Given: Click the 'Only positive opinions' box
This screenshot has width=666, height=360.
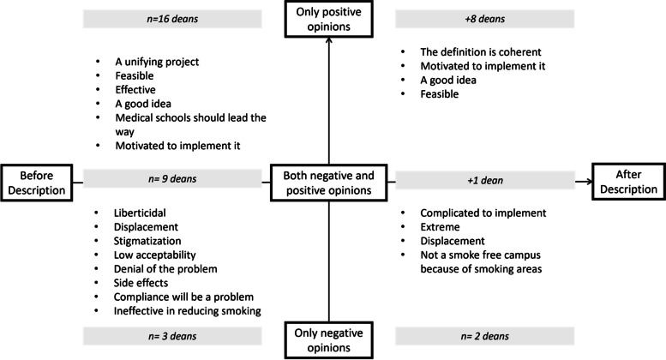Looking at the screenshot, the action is pyautogui.click(x=329, y=19).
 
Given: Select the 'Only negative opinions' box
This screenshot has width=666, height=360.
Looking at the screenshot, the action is pyautogui.click(x=329, y=340).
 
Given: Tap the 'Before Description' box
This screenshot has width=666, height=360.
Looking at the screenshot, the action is pyautogui.click(x=37, y=183).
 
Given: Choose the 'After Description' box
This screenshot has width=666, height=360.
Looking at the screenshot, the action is pyautogui.click(x=628, y=181).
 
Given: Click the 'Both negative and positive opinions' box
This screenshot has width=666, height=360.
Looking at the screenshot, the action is pyautogui.click(x=329, y=183).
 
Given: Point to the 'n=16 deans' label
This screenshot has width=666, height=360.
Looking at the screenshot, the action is pyautogui.click(x=172, y=19).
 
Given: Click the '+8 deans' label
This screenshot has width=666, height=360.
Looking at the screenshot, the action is pyautogui.click(x=484, y=19).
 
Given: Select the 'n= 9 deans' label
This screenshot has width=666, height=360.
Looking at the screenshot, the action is pyautogui.click(x=172, y=179).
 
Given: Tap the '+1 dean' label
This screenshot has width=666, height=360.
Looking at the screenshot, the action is pyautogui.click(x=484, y=180).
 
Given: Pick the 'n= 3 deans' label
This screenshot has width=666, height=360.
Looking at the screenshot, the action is pyautogui.click(x=172, y=336).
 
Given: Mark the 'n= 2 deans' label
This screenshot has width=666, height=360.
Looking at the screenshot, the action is pyautogui.click(x=484, y=336).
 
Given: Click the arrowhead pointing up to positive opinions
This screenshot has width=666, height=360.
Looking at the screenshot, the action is pyautogui.click(x=329, y=40).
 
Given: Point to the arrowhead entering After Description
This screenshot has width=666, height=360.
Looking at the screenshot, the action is pyautogui.click(x=589, y=182).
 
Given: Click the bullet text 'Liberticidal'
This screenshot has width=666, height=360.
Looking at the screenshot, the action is pyautogui.click(x=140, y=213).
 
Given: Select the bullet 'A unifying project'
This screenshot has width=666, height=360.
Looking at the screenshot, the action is pyautogui.click(x=157, y=62).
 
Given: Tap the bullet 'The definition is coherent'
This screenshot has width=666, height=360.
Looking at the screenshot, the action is pyautogui.click(x=481, y=51).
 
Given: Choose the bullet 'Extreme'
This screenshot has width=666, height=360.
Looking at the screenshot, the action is pyautogui.click(x=440, y=226).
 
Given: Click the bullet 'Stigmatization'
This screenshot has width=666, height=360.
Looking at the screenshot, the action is pyautogui.click(x=147, y=241).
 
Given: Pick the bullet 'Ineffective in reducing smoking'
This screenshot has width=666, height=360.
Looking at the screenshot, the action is pyautogui.click(x=188, y=311).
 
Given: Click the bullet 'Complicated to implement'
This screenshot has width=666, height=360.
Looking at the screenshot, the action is pyautogui.click(x=483, y=213).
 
